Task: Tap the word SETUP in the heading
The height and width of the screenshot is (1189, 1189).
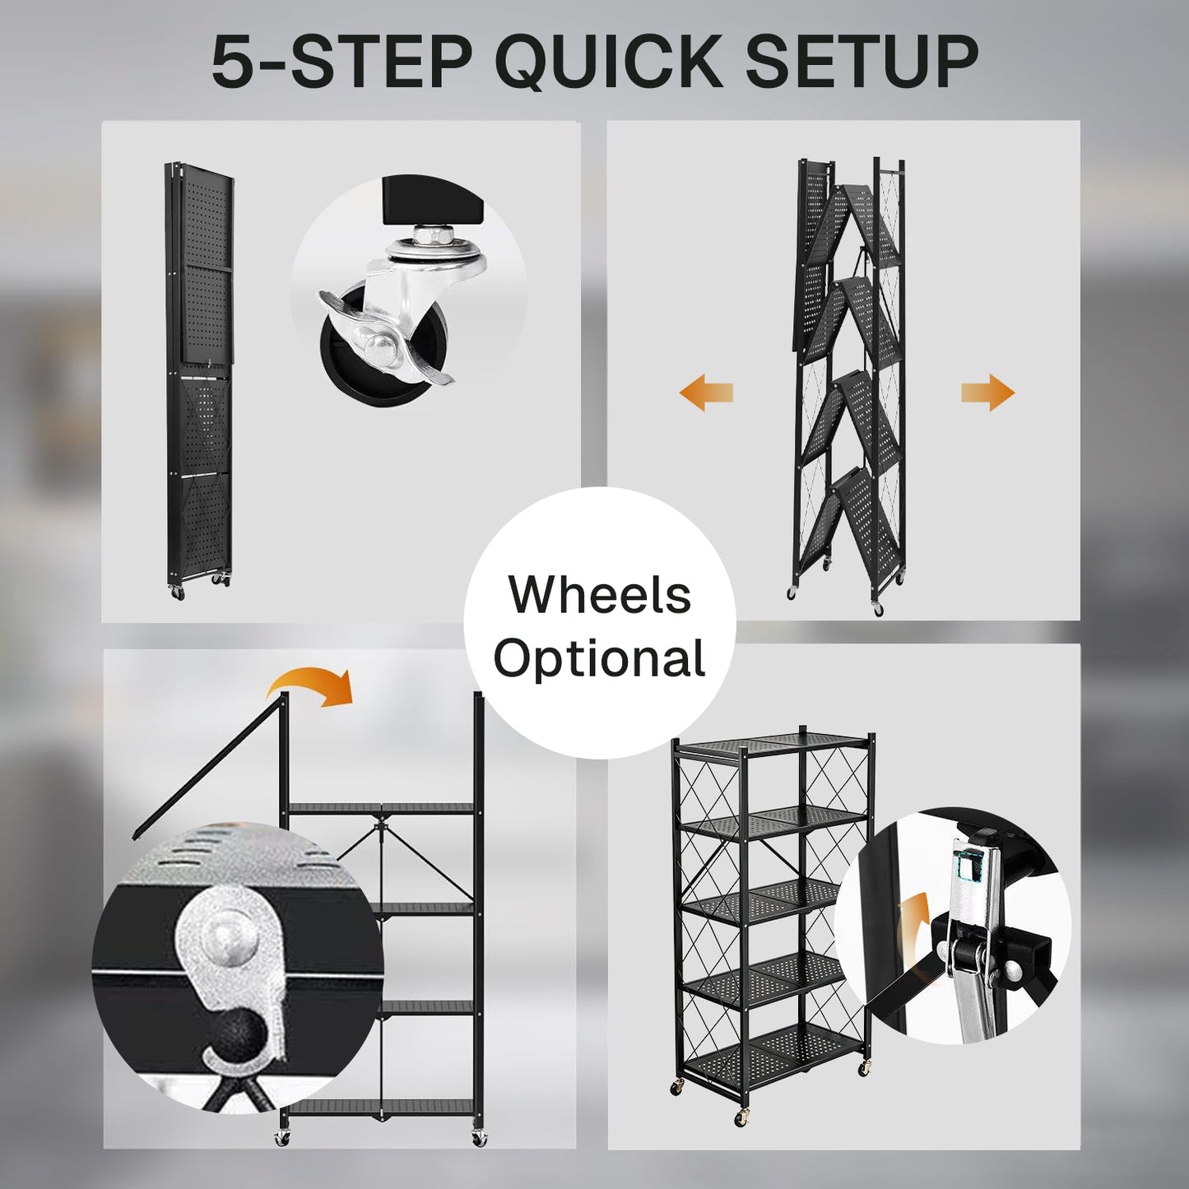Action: tap(862, 62)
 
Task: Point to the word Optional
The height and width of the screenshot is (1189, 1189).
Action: tap(600, 659)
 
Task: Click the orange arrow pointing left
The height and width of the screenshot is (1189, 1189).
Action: tap(706, 392)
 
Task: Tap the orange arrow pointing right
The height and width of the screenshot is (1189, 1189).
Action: tap(988, 392)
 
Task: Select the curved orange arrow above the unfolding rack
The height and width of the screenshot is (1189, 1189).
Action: tap(312, 687)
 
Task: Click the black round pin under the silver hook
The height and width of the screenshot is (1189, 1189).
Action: tap(239, 1041)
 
